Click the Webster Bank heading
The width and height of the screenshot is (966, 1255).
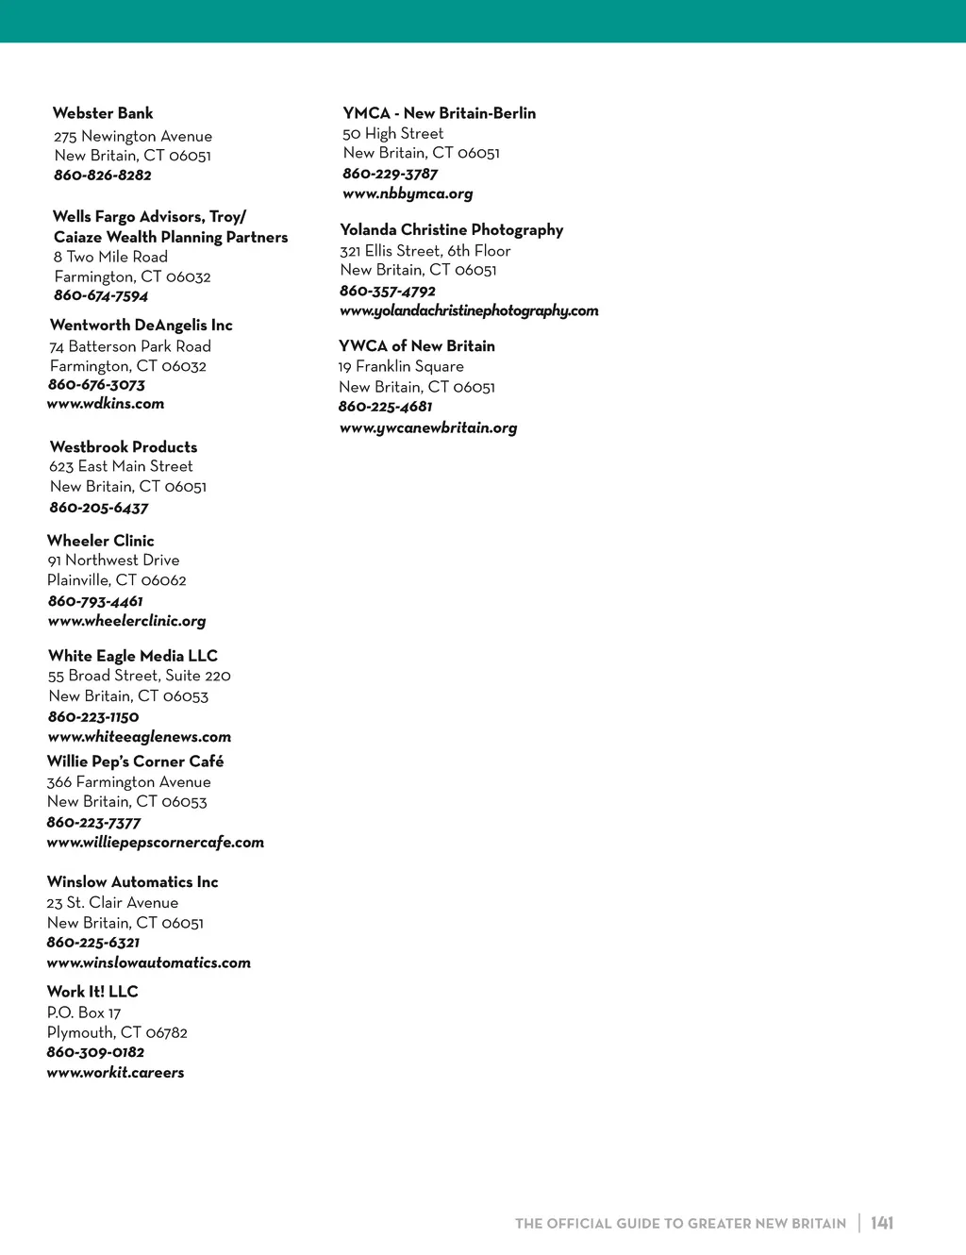pyautogui.click(x=103, y=113)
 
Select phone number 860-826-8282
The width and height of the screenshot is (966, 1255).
pyautogui.click(x=103, y=176)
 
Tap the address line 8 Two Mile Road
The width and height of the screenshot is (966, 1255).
pyautogui.click(x=110, y=257)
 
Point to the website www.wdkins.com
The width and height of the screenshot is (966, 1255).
pyautogui.click(x=106, y=404)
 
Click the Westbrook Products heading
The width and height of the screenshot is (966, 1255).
pyautogui.click(x=124, y=447)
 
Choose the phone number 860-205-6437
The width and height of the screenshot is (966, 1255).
pyautogui.click(x=99, y=508)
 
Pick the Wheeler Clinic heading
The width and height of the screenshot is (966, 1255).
pyautogui.click(x=101, y=541)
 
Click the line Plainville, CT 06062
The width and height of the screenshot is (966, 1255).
pyautogui.click(x=117, y=580)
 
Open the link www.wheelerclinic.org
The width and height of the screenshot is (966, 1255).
pyautogui.click(x=126, y=621)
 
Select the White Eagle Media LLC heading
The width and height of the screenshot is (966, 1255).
pyautogui.click(x=133, y=656)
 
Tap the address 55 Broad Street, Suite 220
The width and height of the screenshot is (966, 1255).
pyautogui.click(x=140, y=676)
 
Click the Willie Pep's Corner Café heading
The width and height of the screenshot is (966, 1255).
pyautogui.click(x=136, y=761)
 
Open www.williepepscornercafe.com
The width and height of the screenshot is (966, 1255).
pyautogui.click(x=156, y=843)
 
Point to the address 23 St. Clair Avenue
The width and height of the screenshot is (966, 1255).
pyautogui.click(x=112, y=903)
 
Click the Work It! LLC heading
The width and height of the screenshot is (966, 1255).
pyautogui.click(x=92, y=992)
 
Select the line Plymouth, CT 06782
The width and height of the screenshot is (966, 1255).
pyautogui.click(x=117, y=1032)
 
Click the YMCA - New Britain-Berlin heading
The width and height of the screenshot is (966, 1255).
pyautogui.click(x=440, y=113)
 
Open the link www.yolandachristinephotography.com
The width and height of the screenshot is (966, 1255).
pyautogui.click(x=469, y=310)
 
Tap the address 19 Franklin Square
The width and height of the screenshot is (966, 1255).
pyautogui.click(x=401, y=366)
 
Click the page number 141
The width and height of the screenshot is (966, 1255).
pyautogui.click(x=882, y=1223)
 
